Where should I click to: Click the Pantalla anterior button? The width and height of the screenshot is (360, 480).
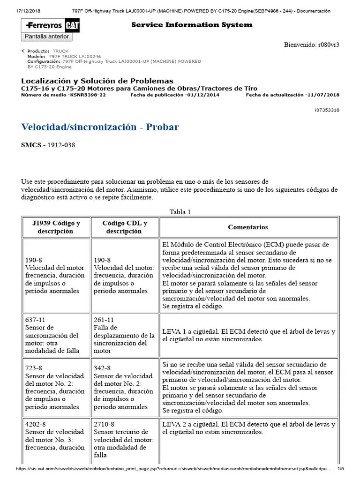coord(46,37)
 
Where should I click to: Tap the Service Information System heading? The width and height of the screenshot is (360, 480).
coord(191,25)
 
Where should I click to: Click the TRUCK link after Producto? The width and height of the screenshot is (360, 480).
coord(60,51)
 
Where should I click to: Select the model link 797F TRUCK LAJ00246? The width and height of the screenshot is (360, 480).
coord(75,56)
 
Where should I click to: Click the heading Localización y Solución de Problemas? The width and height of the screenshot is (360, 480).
coord(97,81)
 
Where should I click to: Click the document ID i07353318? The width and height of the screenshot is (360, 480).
coord(327,110)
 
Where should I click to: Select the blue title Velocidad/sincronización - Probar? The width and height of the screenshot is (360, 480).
coord(100,127)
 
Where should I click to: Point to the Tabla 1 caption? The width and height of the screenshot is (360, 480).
coord(180,212)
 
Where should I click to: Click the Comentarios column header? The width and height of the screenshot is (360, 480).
coord(248,227)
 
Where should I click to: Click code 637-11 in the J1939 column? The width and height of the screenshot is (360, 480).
coord(34,320)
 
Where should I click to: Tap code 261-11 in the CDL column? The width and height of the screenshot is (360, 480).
coord(103,320)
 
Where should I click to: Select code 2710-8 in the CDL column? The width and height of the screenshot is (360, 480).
coord(104,424)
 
